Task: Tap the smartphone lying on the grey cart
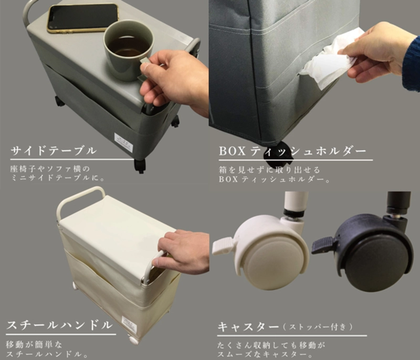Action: pyautogui.click(x=83, y=18)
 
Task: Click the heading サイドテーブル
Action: pyautogui.click(x=54, y=151)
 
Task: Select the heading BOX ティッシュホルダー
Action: pyautogui.click(x=292, y=151)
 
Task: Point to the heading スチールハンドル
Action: pyautogui.click(x=59, y=325)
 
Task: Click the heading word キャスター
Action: pyautogui.click(x=248, y=326)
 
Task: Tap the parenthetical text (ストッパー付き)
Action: pyautogui.click(x=318, y=327)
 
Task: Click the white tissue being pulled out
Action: pyautogui.click(x=332, y=61)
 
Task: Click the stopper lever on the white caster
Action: pyautogui.click(x=223, y=245)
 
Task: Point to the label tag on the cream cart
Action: pyautogui.click(x=129, y=323)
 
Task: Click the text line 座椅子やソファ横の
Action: pyautogui.click(x=50, y=169)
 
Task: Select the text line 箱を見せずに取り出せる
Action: pyautogui.click(x=270, y=170)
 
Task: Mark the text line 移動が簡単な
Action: pyautogui.click(x=34, y=344)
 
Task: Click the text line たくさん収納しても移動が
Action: pyautogui.click(x=271, y=345)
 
